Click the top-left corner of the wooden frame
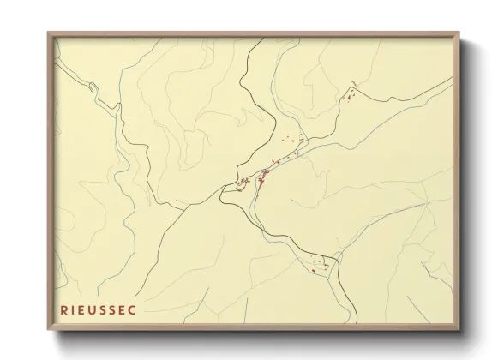(48, 33)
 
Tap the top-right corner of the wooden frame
(459, 33)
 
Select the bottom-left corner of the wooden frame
(48, 330)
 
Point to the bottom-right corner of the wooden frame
(459, 330)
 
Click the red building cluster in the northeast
(351, 95)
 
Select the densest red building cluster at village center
(260, 177)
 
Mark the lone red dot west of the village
(177, 201)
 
